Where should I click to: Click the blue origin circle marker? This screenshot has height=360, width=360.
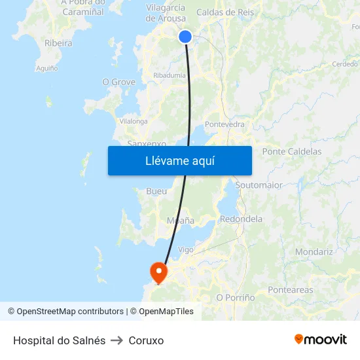coord(185,37)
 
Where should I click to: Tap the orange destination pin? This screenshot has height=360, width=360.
coord(158,271)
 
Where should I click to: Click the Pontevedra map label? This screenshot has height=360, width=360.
coord(225,124)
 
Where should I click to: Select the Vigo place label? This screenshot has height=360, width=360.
coord(186,249)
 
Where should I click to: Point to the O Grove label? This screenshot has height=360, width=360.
coord(118,82)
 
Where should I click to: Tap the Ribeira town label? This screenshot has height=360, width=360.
coord(58,43)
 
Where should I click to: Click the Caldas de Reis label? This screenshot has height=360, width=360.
coord(225,12)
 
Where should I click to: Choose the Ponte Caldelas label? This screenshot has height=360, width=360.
coord(291,151)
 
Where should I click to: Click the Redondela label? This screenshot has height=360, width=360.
coord(241,219)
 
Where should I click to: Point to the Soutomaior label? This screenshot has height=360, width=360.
coord(259,185)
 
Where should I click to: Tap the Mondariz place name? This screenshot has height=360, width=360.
coord(314,251)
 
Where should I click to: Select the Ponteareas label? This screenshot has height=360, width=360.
coord(290,289)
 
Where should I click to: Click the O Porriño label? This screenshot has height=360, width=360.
coord(235,297)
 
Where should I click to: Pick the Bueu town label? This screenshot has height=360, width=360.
coord(156,191)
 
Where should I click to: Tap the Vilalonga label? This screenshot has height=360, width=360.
coord(133,121)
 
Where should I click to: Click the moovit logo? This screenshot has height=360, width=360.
coord(320,339)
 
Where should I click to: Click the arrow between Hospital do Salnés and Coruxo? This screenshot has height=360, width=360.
coord(117,340)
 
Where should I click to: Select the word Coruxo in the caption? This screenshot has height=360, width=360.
coord(146,340)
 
